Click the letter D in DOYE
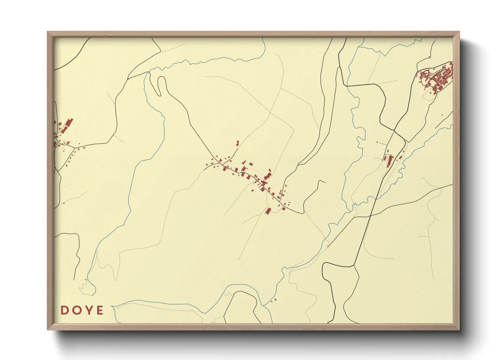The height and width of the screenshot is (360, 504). [64, 310]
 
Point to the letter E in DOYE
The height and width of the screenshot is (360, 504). [100, 310]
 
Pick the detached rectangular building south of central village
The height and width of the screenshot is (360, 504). [268, 211]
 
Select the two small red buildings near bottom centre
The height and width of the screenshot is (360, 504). [273, 300]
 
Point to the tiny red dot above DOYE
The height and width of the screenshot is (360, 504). [85, 280]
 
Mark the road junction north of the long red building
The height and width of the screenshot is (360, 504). [394, 130]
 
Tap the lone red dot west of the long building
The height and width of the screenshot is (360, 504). [377, 142]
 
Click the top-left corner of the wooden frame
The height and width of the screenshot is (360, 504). [48, 32]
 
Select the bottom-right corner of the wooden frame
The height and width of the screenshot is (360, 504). [459, 329]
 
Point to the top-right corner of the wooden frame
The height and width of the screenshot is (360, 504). [459, 32]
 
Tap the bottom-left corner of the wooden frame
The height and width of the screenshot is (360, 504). [48, 329]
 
